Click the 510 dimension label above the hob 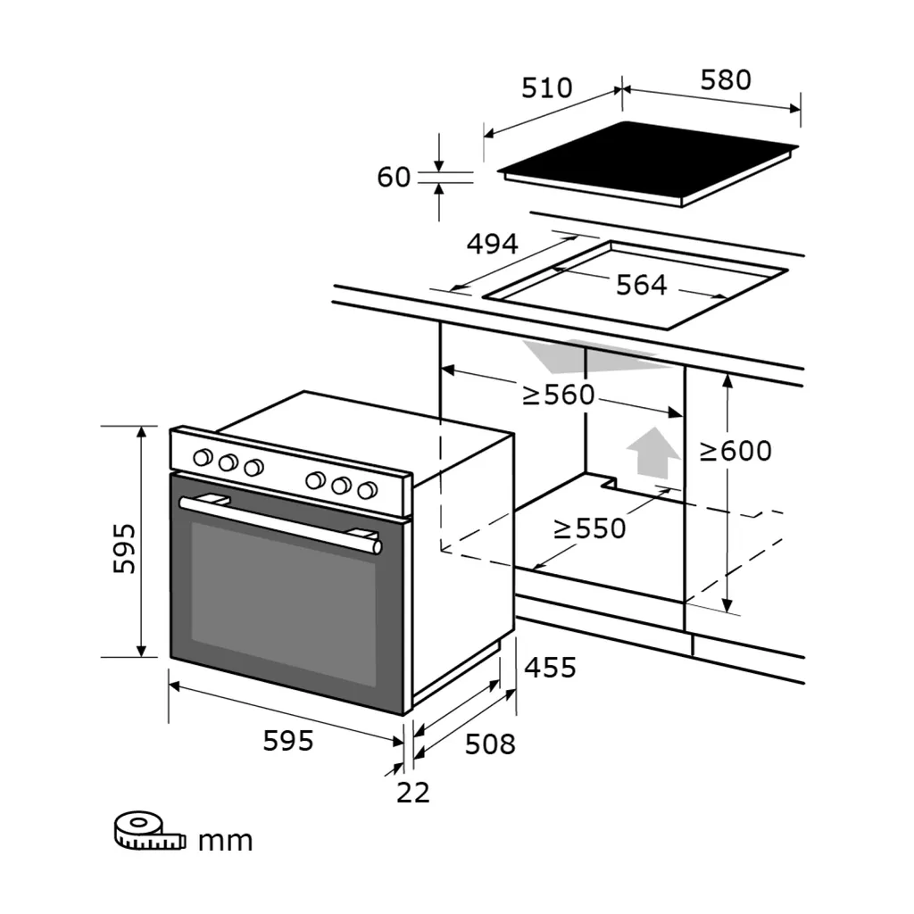tap(546, 88)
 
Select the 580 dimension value tap(725, 80)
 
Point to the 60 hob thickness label tap(394, 178)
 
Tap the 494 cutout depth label tap(492, 244)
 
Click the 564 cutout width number tap(642, 285)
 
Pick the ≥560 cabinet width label tap(558, 395)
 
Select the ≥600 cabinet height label tap(735, 452)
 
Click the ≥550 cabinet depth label tap(590, 528)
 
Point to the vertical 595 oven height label tap(124, 548)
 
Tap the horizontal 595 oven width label tap(288, 740)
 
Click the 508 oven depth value tap(490, 744)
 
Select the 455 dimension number tap(550, 667)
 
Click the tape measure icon tap(148, 831)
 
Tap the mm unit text tap(225, 840)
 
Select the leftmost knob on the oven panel tap(204, 458)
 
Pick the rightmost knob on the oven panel tap(366, 490)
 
